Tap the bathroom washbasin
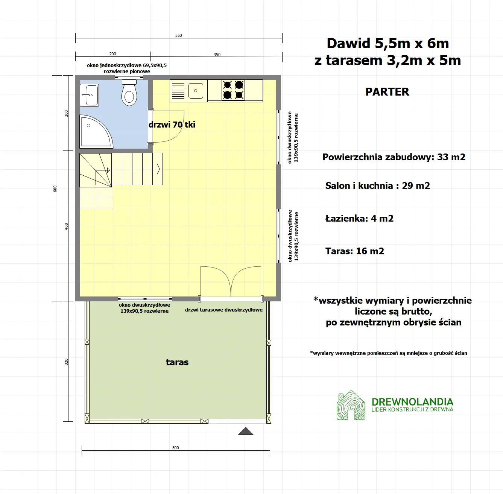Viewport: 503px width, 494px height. click(90, 95)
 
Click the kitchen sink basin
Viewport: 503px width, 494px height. click(196, 91)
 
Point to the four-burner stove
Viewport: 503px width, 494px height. click(233, 90)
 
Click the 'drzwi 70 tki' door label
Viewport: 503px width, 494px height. click(172, 125)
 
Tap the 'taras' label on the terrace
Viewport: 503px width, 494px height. click(177, 362)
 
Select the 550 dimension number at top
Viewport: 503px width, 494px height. click(179, 35)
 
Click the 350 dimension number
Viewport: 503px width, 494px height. click(217, 55)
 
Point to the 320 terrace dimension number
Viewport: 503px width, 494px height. click(67, 362)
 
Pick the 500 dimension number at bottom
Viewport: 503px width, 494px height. click(176, 448)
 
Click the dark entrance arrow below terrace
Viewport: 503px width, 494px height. click(246, 431)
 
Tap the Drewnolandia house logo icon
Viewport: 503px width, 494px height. click(351, 405)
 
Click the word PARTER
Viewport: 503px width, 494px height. click(387, 92)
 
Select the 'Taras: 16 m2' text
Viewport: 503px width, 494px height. click(354, 251)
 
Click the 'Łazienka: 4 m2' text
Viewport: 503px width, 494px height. click(359, 219)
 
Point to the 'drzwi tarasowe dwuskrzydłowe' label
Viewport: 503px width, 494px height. click(224, 310)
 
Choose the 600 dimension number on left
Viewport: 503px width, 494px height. click(55, 188)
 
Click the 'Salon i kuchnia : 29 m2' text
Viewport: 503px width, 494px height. click(377, 186)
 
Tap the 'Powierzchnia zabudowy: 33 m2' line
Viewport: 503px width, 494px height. click(394, 157)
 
